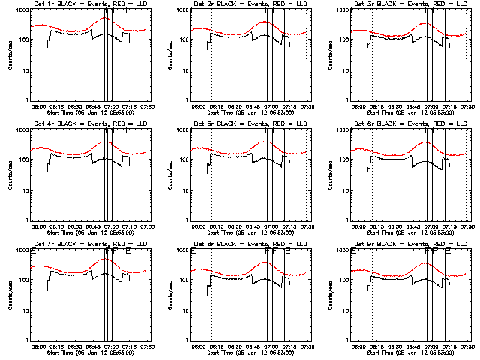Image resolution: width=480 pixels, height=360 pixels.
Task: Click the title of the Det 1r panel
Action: coord(81,7)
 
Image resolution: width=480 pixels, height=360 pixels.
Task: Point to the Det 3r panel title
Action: coord(401,7)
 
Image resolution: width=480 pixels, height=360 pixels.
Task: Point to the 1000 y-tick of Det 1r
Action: coord(22,11)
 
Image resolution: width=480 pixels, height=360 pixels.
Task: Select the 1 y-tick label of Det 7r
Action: coord(26,340)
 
